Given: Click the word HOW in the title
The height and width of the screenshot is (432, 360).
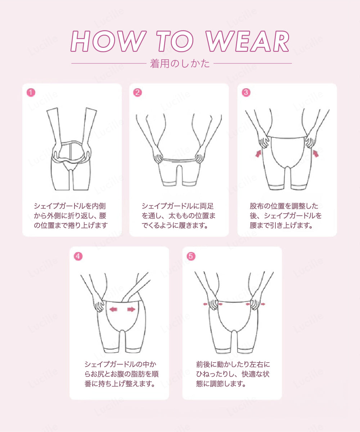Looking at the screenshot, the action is [x=108, y=41].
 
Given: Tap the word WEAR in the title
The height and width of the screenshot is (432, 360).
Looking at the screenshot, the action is [x=248, y=41].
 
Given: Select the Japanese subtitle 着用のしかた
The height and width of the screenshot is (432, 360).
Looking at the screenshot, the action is [x=180, y=64].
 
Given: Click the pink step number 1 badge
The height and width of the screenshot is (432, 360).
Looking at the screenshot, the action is [x=31, y=92].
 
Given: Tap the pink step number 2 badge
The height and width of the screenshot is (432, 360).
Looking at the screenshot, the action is [x=138, y=92].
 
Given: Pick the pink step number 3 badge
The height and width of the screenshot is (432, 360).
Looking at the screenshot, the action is [x=246, y=92].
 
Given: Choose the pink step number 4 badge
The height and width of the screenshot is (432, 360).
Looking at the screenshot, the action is [x=78, y=256].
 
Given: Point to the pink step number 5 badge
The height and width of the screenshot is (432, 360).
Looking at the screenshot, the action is [x=191, y=256].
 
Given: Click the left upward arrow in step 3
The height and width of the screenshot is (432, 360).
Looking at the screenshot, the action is [x=258, y=154].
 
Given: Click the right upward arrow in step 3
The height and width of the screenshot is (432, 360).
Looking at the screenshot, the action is [x=316, y=154].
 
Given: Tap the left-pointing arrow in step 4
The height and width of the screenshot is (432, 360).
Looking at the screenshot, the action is [x=113, y=309].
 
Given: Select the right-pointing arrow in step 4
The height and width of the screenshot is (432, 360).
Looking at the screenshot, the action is [x=131, y=309].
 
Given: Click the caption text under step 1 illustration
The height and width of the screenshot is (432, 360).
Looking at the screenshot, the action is [x=71, y=215].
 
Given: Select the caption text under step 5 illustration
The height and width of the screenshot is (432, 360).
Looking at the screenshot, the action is [x=233, y=374].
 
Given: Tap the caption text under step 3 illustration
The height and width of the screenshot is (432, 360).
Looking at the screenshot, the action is [x=285, y=215].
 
